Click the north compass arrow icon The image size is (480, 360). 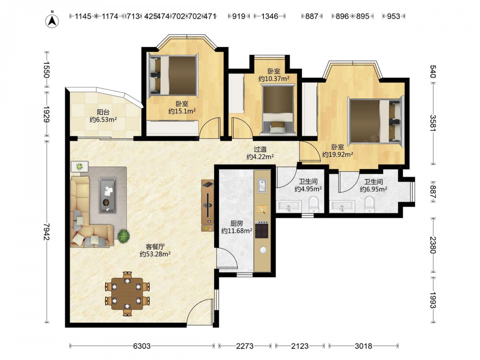tap(52, 20)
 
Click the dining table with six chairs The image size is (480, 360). tap(127, 294)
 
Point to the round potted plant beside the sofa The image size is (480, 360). tap(124, 236)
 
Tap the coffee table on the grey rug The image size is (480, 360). tap(108, 195)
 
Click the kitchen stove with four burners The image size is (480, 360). tap(262, 230)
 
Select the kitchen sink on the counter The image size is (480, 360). tap(262, 185)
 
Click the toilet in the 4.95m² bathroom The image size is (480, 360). tap(314, 204)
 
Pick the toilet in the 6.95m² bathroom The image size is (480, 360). tap(370, 204)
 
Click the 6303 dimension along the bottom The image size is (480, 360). tap(142, 346)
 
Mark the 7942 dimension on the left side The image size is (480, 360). tap(46, 231)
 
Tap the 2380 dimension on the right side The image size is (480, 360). tap(433, 245)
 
